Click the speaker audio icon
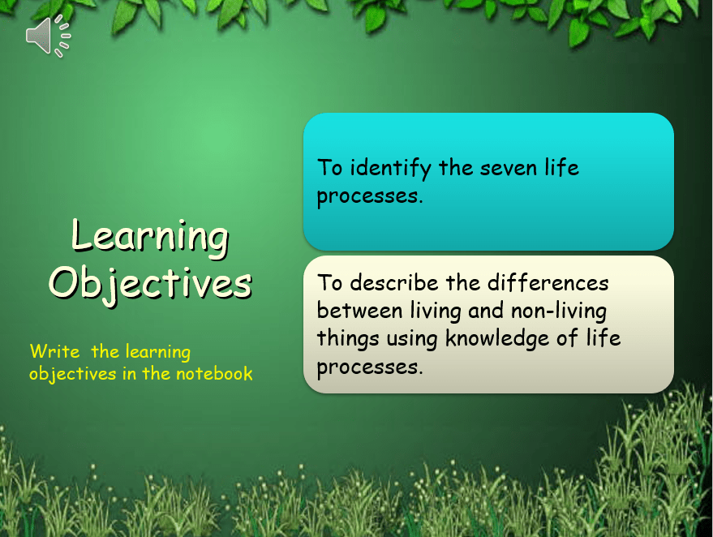[x=48, y=37]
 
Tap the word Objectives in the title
[x=151, y=284]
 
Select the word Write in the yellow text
[x=54, y=351]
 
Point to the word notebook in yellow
[x=214, y=374]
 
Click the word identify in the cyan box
[x=391, y=169]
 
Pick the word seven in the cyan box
[x=509, y=169]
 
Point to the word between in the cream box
[x=359, y=311]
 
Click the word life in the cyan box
[x=562, y=167]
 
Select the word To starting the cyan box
[x=329, y=167]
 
